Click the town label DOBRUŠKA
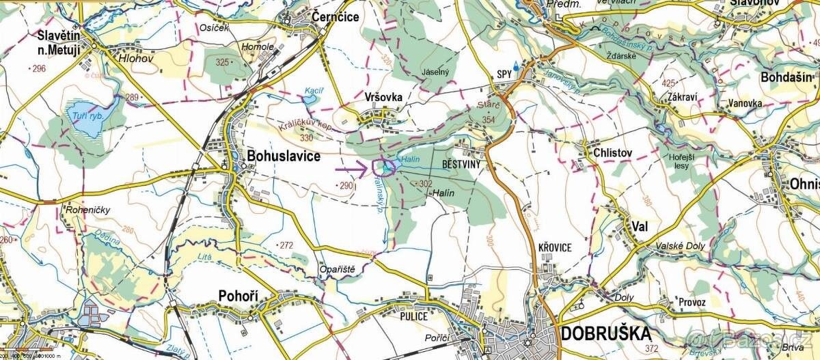(x=605, y=333)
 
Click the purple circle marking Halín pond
(x=386, y=167)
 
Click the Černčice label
(x=335, y=16)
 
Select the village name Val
(x=640, y=226)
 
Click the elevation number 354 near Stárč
(x=488, y=120)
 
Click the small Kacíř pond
(x=310, y=100)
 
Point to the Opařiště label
(x=338, y=269)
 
